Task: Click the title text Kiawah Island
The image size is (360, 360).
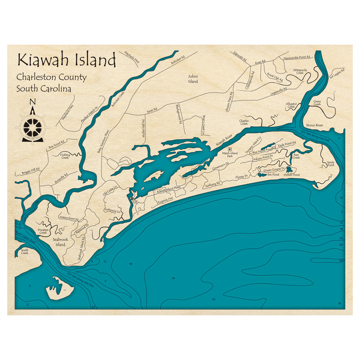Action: [x=67, y=60]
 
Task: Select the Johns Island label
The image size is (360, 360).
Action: [x=193, y=79]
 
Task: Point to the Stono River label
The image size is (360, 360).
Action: [x=315, y=125]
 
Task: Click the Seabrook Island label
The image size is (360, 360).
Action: [x=60, y=242]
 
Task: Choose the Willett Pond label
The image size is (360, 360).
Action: [x=291, y=175]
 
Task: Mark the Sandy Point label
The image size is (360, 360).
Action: [x=330, y=163]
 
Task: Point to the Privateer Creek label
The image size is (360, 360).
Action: [x=42, y=231]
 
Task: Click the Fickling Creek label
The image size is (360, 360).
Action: [x=65, y=156]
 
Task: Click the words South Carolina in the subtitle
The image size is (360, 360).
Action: [x=43, y=89]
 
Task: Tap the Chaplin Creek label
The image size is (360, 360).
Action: [x=244, y=122]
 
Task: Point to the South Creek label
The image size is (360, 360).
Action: [x=24, y=252]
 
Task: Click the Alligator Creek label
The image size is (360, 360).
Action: [x=290, y=105]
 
